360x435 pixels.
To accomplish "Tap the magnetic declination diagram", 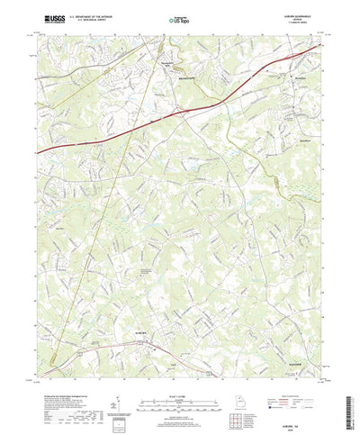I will tap(117, 387).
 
